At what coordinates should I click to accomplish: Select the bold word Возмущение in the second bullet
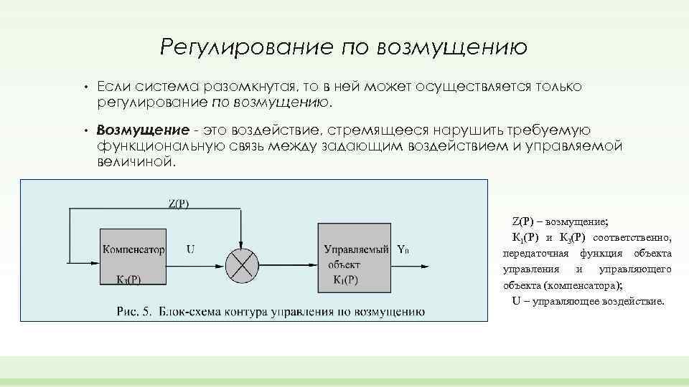coord(143,130)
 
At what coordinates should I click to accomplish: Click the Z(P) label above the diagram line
coord(179,204)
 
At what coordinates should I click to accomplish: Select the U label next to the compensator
coord(190,250)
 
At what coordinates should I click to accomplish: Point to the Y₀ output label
coord(403,250)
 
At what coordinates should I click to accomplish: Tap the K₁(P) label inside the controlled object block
coord(346,279)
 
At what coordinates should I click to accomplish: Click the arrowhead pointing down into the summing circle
coord(242,244)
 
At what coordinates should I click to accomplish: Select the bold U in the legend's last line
coord(516,300)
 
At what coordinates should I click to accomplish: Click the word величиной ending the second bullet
coord(135,162)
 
